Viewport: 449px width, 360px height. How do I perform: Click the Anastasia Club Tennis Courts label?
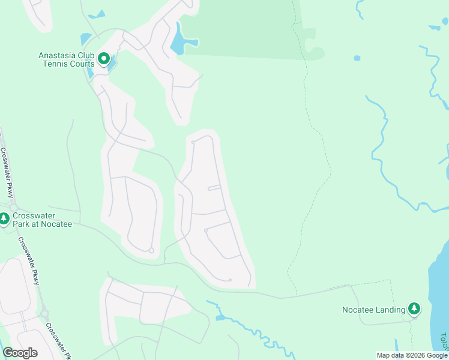66,59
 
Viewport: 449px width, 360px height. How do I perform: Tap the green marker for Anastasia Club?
103,59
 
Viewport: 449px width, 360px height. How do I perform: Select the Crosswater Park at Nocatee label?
42,220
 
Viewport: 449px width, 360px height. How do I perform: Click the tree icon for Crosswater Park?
4,219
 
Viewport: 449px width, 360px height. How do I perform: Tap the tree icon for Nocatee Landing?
414,309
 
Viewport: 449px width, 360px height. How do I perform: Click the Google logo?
20,353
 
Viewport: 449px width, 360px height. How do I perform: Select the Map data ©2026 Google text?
412,355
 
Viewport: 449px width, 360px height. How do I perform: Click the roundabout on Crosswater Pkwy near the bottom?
44,314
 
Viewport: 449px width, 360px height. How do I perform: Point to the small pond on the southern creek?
220,317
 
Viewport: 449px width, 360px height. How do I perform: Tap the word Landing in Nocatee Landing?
391,310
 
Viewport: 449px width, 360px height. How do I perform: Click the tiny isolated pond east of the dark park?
357,58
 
